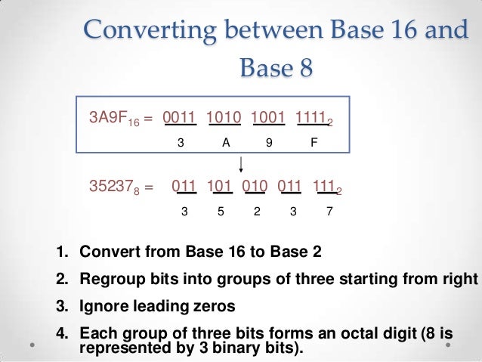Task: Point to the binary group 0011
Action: pos(180,117)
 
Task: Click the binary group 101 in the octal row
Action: pos(221,185)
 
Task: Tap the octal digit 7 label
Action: pos(329,212)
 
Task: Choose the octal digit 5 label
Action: pos(221,212)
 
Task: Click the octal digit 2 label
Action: pos(257,212)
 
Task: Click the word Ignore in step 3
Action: pos(102,307)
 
